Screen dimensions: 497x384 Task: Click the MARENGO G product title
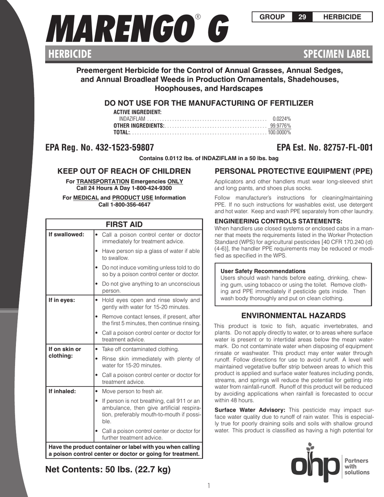[x=137, y=29]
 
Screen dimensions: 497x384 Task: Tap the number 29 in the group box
[x=302, y=17]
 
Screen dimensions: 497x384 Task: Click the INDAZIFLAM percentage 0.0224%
[x=282, y=119]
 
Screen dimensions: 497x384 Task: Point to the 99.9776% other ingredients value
[x=280, y=126]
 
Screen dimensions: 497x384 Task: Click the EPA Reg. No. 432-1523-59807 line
[x=100, y=148]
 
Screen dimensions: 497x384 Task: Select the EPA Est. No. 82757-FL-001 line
[x=324, y=148]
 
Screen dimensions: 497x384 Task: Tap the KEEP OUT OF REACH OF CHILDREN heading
[x=124, y=171]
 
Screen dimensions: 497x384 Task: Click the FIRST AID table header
[x=124, y=224]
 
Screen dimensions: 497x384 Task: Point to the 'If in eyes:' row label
[x=61, y=300]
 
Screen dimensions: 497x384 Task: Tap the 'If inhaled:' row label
[x=62, y=391]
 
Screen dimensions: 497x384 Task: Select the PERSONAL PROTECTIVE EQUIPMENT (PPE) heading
[x=293, y=171]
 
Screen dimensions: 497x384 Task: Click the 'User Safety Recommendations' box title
[x=263, y=271]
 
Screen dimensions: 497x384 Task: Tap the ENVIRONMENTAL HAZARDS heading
[x=293, y=315]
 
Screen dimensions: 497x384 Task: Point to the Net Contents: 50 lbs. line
[x=108, y=470]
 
